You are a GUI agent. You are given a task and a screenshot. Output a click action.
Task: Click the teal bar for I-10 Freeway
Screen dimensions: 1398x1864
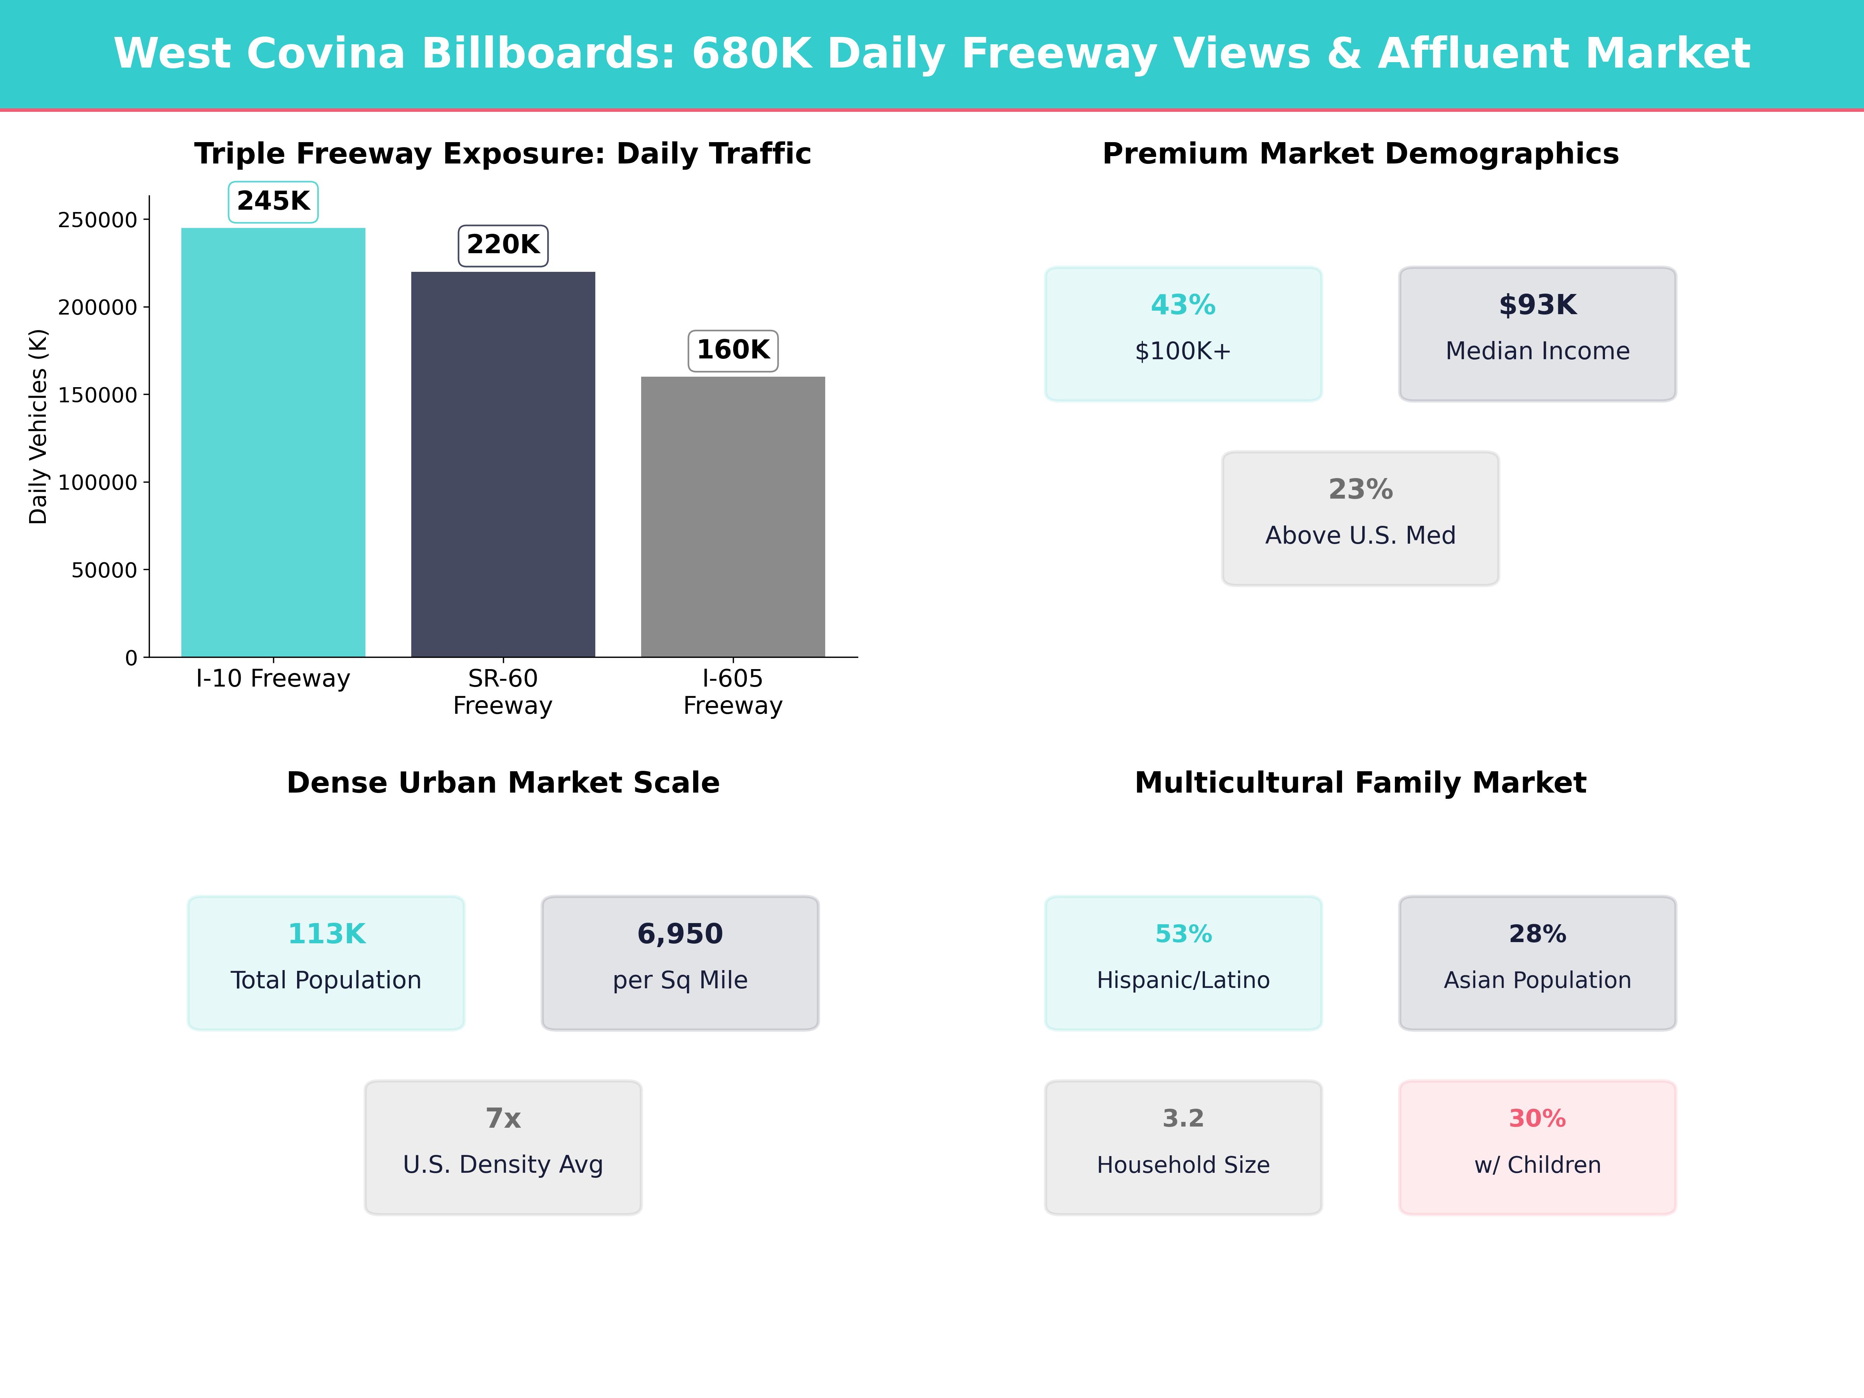273,442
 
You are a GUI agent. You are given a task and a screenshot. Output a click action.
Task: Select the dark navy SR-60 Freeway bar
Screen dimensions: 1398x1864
503,463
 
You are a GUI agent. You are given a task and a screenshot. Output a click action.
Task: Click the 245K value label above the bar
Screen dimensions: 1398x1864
273,202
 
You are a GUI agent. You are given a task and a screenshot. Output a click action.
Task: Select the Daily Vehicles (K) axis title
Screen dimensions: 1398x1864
38,426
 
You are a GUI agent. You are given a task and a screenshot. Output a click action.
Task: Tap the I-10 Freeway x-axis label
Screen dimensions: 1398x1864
273,678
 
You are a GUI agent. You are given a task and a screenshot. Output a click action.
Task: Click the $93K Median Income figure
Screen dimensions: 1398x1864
1537,305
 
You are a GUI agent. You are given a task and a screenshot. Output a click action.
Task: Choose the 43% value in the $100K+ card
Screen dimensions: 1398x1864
1183,305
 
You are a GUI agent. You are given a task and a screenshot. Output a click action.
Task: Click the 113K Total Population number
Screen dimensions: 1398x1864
326,934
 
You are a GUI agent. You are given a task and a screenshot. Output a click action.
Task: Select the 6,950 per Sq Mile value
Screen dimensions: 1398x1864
680,934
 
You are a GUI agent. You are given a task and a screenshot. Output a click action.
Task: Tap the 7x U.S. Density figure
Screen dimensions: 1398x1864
503,1118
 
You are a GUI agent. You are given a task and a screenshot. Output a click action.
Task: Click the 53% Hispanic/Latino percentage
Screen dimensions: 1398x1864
1183,934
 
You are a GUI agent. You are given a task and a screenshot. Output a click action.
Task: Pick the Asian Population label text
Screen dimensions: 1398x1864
1537,980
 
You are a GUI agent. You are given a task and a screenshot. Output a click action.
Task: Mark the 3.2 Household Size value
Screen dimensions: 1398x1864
1183,1118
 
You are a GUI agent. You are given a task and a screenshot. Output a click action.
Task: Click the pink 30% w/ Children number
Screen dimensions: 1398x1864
1537,1118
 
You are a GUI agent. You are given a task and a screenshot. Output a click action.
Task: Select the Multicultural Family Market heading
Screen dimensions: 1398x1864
1360,783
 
